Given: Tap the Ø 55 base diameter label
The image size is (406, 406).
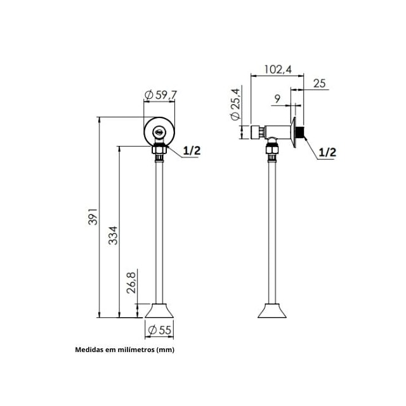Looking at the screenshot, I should (x=160, y=330).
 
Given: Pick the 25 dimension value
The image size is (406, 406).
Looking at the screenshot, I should (x=320, y=83).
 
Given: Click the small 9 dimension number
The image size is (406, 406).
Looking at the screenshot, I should (x=277, y=98).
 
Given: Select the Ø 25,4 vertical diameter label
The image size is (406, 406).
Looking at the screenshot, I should (x=235, y=105).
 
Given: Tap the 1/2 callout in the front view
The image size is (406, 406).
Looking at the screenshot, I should (x=192, y=150).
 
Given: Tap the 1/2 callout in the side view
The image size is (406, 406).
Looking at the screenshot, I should (x=327, y=152).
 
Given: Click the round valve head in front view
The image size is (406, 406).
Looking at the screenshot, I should (x=159, y=131).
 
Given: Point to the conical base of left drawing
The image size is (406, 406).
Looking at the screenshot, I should (x=160, y=311).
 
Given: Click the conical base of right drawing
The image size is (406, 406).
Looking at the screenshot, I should (x=273, y=311).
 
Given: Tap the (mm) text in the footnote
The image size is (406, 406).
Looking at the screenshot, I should (x=165, y=350).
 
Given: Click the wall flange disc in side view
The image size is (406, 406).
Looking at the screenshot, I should (x=295, y=132).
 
